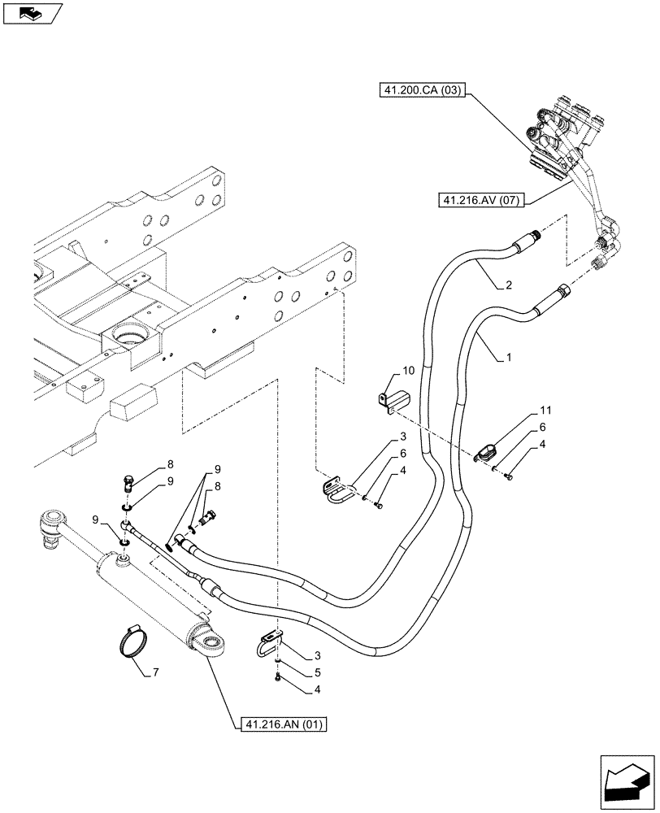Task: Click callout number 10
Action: (x=408, y=371)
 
